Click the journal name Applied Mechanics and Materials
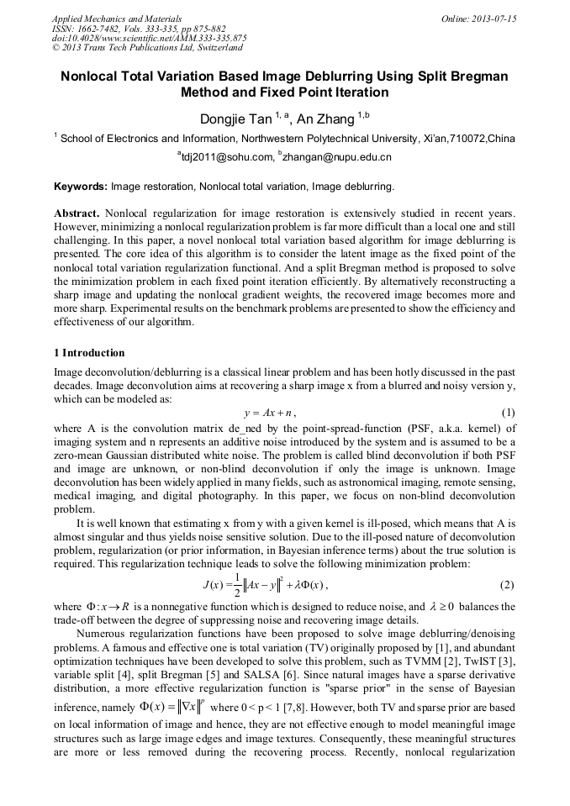click(117, 18)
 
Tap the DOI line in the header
click(149, 38)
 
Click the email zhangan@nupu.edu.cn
click(338, 157)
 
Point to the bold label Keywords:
click(80, 185)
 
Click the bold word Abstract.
click(77, 213)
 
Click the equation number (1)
click(507, 413)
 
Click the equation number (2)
click(507, 584)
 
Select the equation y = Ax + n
click(269, 414)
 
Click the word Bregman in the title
click(481, 76)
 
